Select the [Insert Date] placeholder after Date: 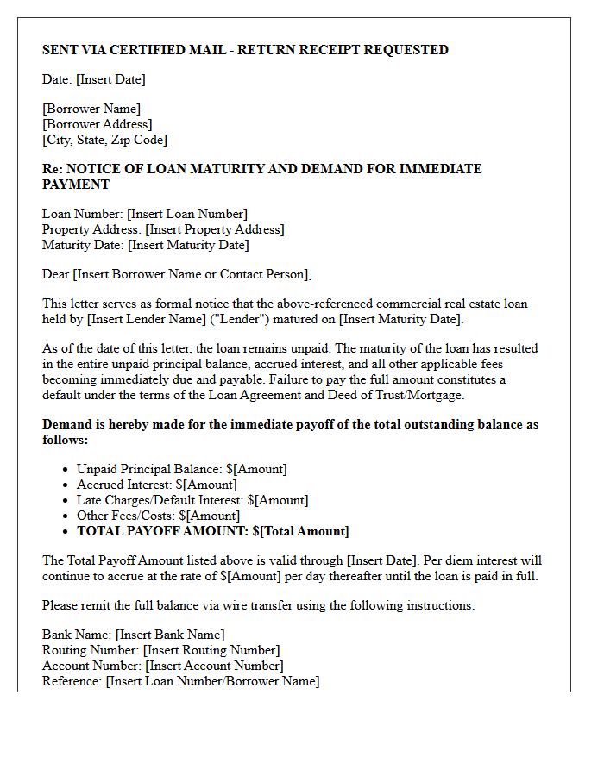110,79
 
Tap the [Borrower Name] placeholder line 91,109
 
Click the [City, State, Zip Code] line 104,140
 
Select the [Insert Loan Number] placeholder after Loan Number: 187,214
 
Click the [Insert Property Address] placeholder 215,229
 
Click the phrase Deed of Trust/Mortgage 403,395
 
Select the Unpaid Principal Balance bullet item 181,469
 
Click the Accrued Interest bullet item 156,485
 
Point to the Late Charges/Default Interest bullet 192,500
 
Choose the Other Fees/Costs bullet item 158,516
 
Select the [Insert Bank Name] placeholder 170,635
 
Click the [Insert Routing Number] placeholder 211,650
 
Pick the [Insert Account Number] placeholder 214,666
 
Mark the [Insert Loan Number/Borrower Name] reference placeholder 212,681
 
